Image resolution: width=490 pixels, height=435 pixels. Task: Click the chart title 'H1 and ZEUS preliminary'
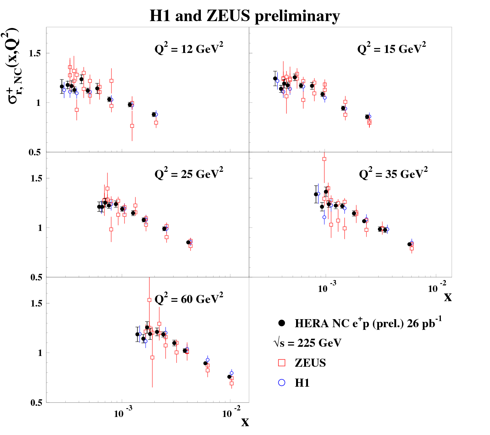(x=245, y=16)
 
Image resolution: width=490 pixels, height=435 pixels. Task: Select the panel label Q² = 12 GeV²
(x=189, y=49)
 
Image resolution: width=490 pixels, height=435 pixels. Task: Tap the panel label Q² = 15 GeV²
(x=391, y=49)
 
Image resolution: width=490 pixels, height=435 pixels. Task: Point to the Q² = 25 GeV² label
(x=189, y=174)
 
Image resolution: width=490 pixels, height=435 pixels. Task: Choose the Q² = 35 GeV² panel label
(x=393, y=174)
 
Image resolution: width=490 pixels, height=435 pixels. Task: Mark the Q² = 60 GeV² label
(x=189, y=299)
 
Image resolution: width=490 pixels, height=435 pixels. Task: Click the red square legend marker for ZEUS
(x=282, y=363)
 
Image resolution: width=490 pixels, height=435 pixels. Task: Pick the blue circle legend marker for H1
(x=282, y=382)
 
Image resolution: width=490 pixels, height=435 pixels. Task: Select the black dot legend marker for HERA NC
(x=282, y=323)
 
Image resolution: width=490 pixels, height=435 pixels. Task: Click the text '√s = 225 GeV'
(x=307, y=343)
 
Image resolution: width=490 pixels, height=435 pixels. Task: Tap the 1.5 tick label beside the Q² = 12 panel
(x=36, y=53)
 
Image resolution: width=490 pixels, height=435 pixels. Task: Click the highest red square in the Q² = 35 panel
(x=324, y=159)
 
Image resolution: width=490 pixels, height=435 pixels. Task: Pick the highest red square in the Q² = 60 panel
(x=149, y=300)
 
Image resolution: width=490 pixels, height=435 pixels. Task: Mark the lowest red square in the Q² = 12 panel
(x=132, y=126)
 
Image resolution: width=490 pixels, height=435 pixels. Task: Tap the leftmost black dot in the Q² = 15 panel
(x=275, y=78)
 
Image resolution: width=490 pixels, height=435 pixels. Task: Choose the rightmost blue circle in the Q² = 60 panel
(x=232, y=373)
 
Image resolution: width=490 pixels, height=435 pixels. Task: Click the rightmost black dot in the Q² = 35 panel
(x=409, y=244)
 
